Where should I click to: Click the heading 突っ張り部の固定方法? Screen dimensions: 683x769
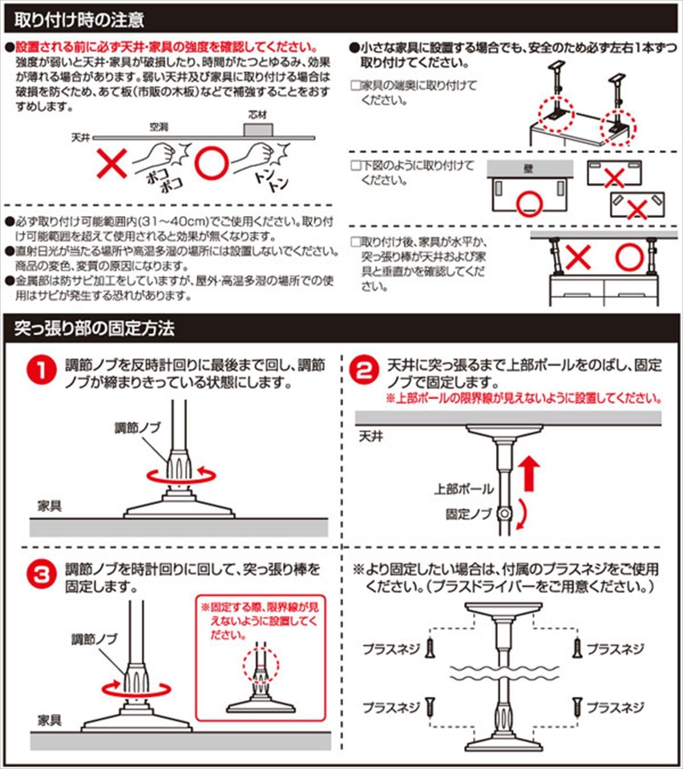pos(94,328)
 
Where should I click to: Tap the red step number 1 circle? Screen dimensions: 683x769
pos(42,370)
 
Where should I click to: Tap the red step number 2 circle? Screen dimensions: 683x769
pos(364,370)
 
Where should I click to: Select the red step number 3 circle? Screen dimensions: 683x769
pos(42,574)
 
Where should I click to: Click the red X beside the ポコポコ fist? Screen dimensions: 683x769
pos(112,164)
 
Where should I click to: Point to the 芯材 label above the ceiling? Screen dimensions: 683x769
pos(258,115)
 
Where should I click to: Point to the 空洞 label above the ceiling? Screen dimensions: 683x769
pos(159,127)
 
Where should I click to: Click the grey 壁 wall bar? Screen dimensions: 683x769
pos(530,169)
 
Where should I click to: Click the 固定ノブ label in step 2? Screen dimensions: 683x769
pos(469,514)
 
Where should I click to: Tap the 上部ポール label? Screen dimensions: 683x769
pos(464,489)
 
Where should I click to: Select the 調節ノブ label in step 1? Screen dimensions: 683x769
pos(137,428)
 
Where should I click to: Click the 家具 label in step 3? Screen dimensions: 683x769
pos(49,720)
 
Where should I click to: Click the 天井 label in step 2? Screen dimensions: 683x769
pos(371,436)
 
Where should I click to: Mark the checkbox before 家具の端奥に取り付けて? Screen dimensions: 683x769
pos(356,85)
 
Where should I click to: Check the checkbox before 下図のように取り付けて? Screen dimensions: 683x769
pos(356,165)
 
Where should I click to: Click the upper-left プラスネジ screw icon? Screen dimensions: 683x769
pos(429,648)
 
